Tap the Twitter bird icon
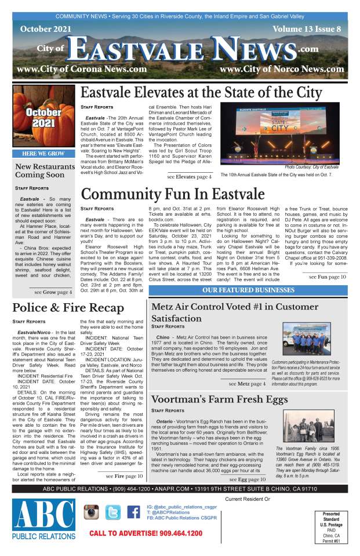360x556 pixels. [113, 512]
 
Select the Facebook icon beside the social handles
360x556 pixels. [133, 512]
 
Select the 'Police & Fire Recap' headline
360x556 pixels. [68, 307]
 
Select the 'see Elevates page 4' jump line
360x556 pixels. [190, 176]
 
